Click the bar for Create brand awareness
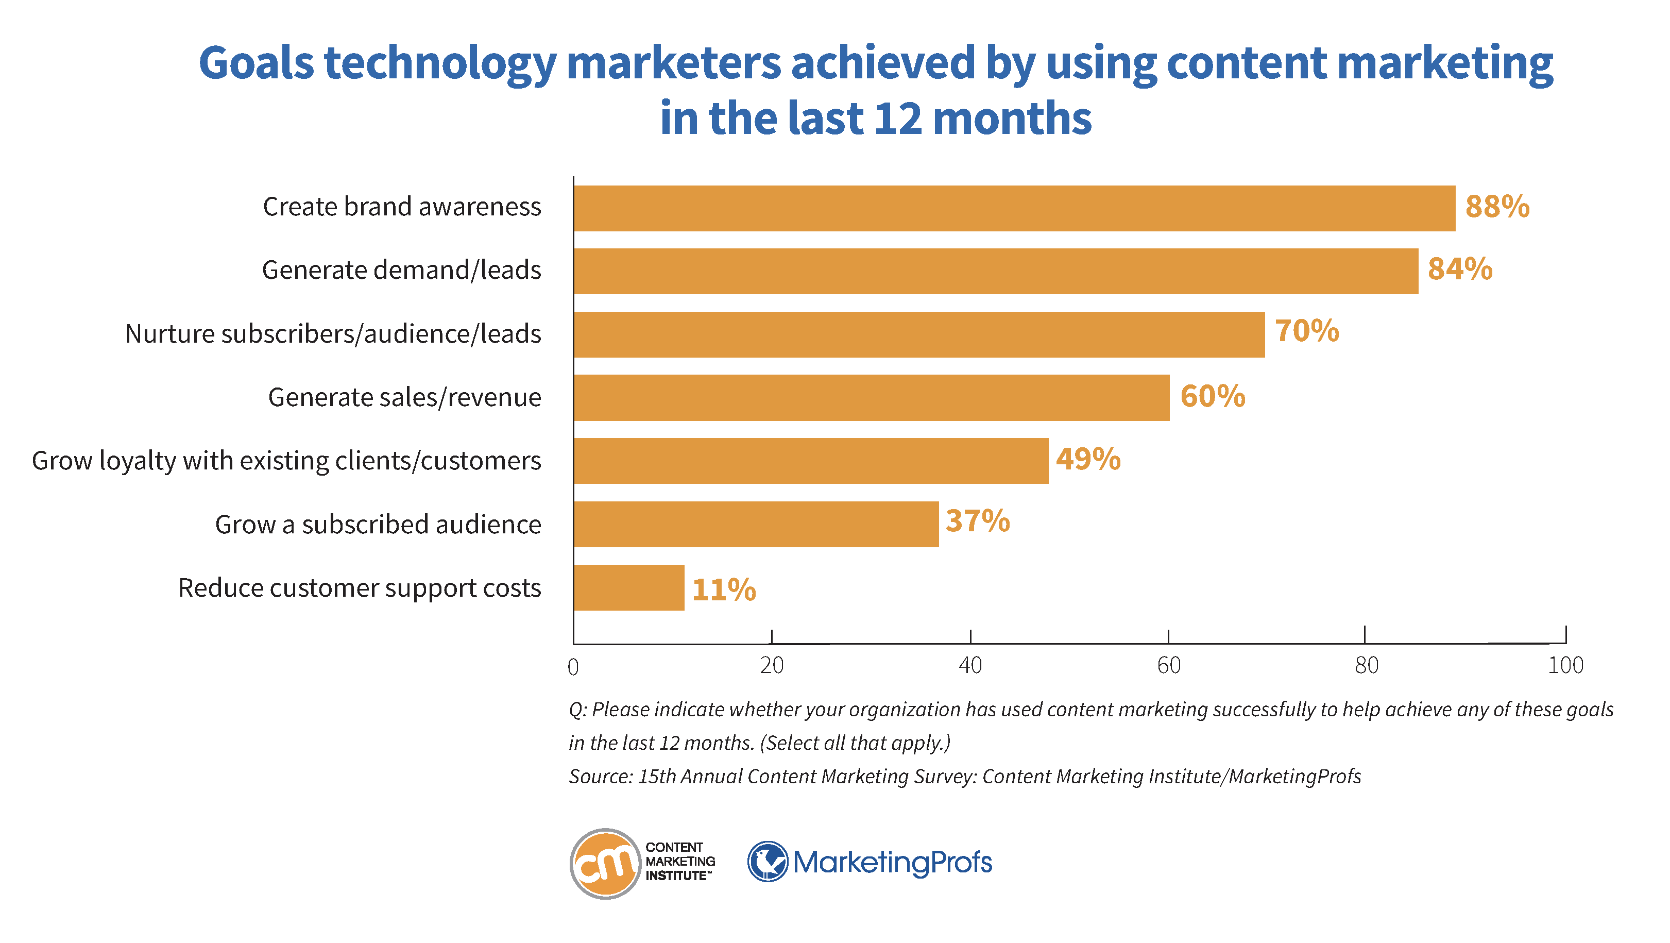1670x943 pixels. click(x=1014, y=208)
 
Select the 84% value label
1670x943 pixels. click(x=1459, y=268)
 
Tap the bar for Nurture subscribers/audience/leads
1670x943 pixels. click(x=918, y=334)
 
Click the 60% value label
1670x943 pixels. click(x=1212, y=396)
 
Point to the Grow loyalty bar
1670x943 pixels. click(x=810, y=461)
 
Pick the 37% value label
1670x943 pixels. click(x=977, y=521)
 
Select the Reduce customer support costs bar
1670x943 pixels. click(x=628, y=587)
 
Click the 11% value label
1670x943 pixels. click(x=724, y=590)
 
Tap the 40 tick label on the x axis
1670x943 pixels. click(x=970, y=665)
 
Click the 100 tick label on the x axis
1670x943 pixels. click(x=1565, y=665)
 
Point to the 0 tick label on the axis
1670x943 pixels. click(x=573, y=667)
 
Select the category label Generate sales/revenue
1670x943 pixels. click(x=404, y=397)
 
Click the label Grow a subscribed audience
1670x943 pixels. click(x=378, y=524)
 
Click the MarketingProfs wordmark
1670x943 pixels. click(x=892, y=862)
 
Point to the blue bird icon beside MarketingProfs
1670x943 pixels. click(x=768, y=862)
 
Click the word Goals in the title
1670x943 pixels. click(x=256, y=63)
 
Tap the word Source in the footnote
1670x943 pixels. click(x=599, y=777)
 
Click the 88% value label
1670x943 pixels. click(x=1497, y=206)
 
